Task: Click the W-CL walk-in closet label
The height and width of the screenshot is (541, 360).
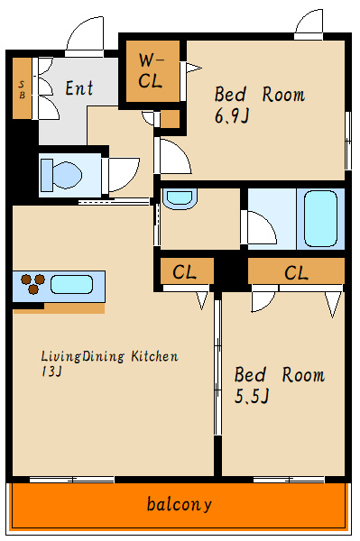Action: click(151, 71)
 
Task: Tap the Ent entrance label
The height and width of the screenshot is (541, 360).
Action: click(79, 88)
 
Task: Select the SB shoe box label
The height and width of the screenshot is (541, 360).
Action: click(22, 89)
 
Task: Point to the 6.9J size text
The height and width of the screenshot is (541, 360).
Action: click(232, 116)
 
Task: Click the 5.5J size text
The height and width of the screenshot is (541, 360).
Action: click(251, 396)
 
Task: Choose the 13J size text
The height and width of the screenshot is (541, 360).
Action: click(51, 371)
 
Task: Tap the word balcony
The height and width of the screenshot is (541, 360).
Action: click(180, 505)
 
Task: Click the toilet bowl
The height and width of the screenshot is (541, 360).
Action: click(67, 175)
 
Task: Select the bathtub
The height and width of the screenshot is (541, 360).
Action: click(320, 218)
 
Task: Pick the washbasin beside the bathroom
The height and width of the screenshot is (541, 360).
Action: click(180, 198)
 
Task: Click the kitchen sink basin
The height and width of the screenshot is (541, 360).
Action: click(72, 285)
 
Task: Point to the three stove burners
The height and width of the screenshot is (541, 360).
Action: click(32, 284)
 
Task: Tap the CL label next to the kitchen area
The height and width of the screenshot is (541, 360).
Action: click(185, 272)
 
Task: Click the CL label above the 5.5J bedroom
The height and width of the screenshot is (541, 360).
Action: click(296, 273)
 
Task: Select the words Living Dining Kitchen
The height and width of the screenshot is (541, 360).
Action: click(110, 356)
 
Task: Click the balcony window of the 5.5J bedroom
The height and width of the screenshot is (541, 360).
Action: click(289, 480)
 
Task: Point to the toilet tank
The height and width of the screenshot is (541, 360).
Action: click(47, 175)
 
